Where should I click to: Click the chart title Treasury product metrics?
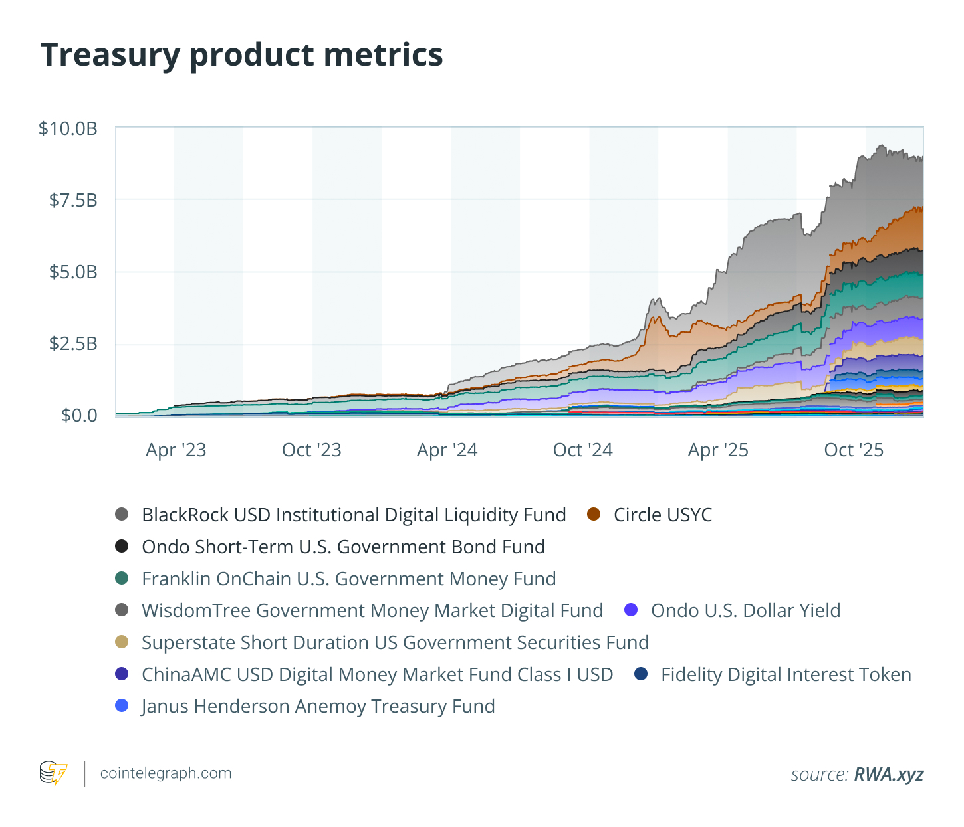[241, 54]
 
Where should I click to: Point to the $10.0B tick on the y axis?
[68, 128]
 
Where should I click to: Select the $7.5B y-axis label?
[73, 200]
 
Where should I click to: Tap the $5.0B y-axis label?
[73, 272]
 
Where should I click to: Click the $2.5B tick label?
[73, 343]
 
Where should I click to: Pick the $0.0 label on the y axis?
[79, 415]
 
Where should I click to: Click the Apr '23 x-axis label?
[176, 450]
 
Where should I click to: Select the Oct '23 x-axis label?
[312, 450]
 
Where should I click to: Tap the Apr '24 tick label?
[447, 450]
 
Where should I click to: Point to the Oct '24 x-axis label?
[583, 450]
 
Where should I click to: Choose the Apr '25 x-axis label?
[719, 450]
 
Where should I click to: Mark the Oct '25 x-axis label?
[854, 450]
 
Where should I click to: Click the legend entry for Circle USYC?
[662, 515]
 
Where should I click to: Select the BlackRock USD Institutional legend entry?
[354, 515]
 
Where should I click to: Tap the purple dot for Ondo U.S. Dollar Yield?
[632, 610]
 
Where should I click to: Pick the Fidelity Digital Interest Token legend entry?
[786, 674]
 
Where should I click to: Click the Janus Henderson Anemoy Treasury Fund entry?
[318, 706]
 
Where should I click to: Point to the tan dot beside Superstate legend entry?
[122, 642]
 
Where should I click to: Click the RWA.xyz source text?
[889, 774]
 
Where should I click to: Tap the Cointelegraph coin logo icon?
[53, 773]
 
